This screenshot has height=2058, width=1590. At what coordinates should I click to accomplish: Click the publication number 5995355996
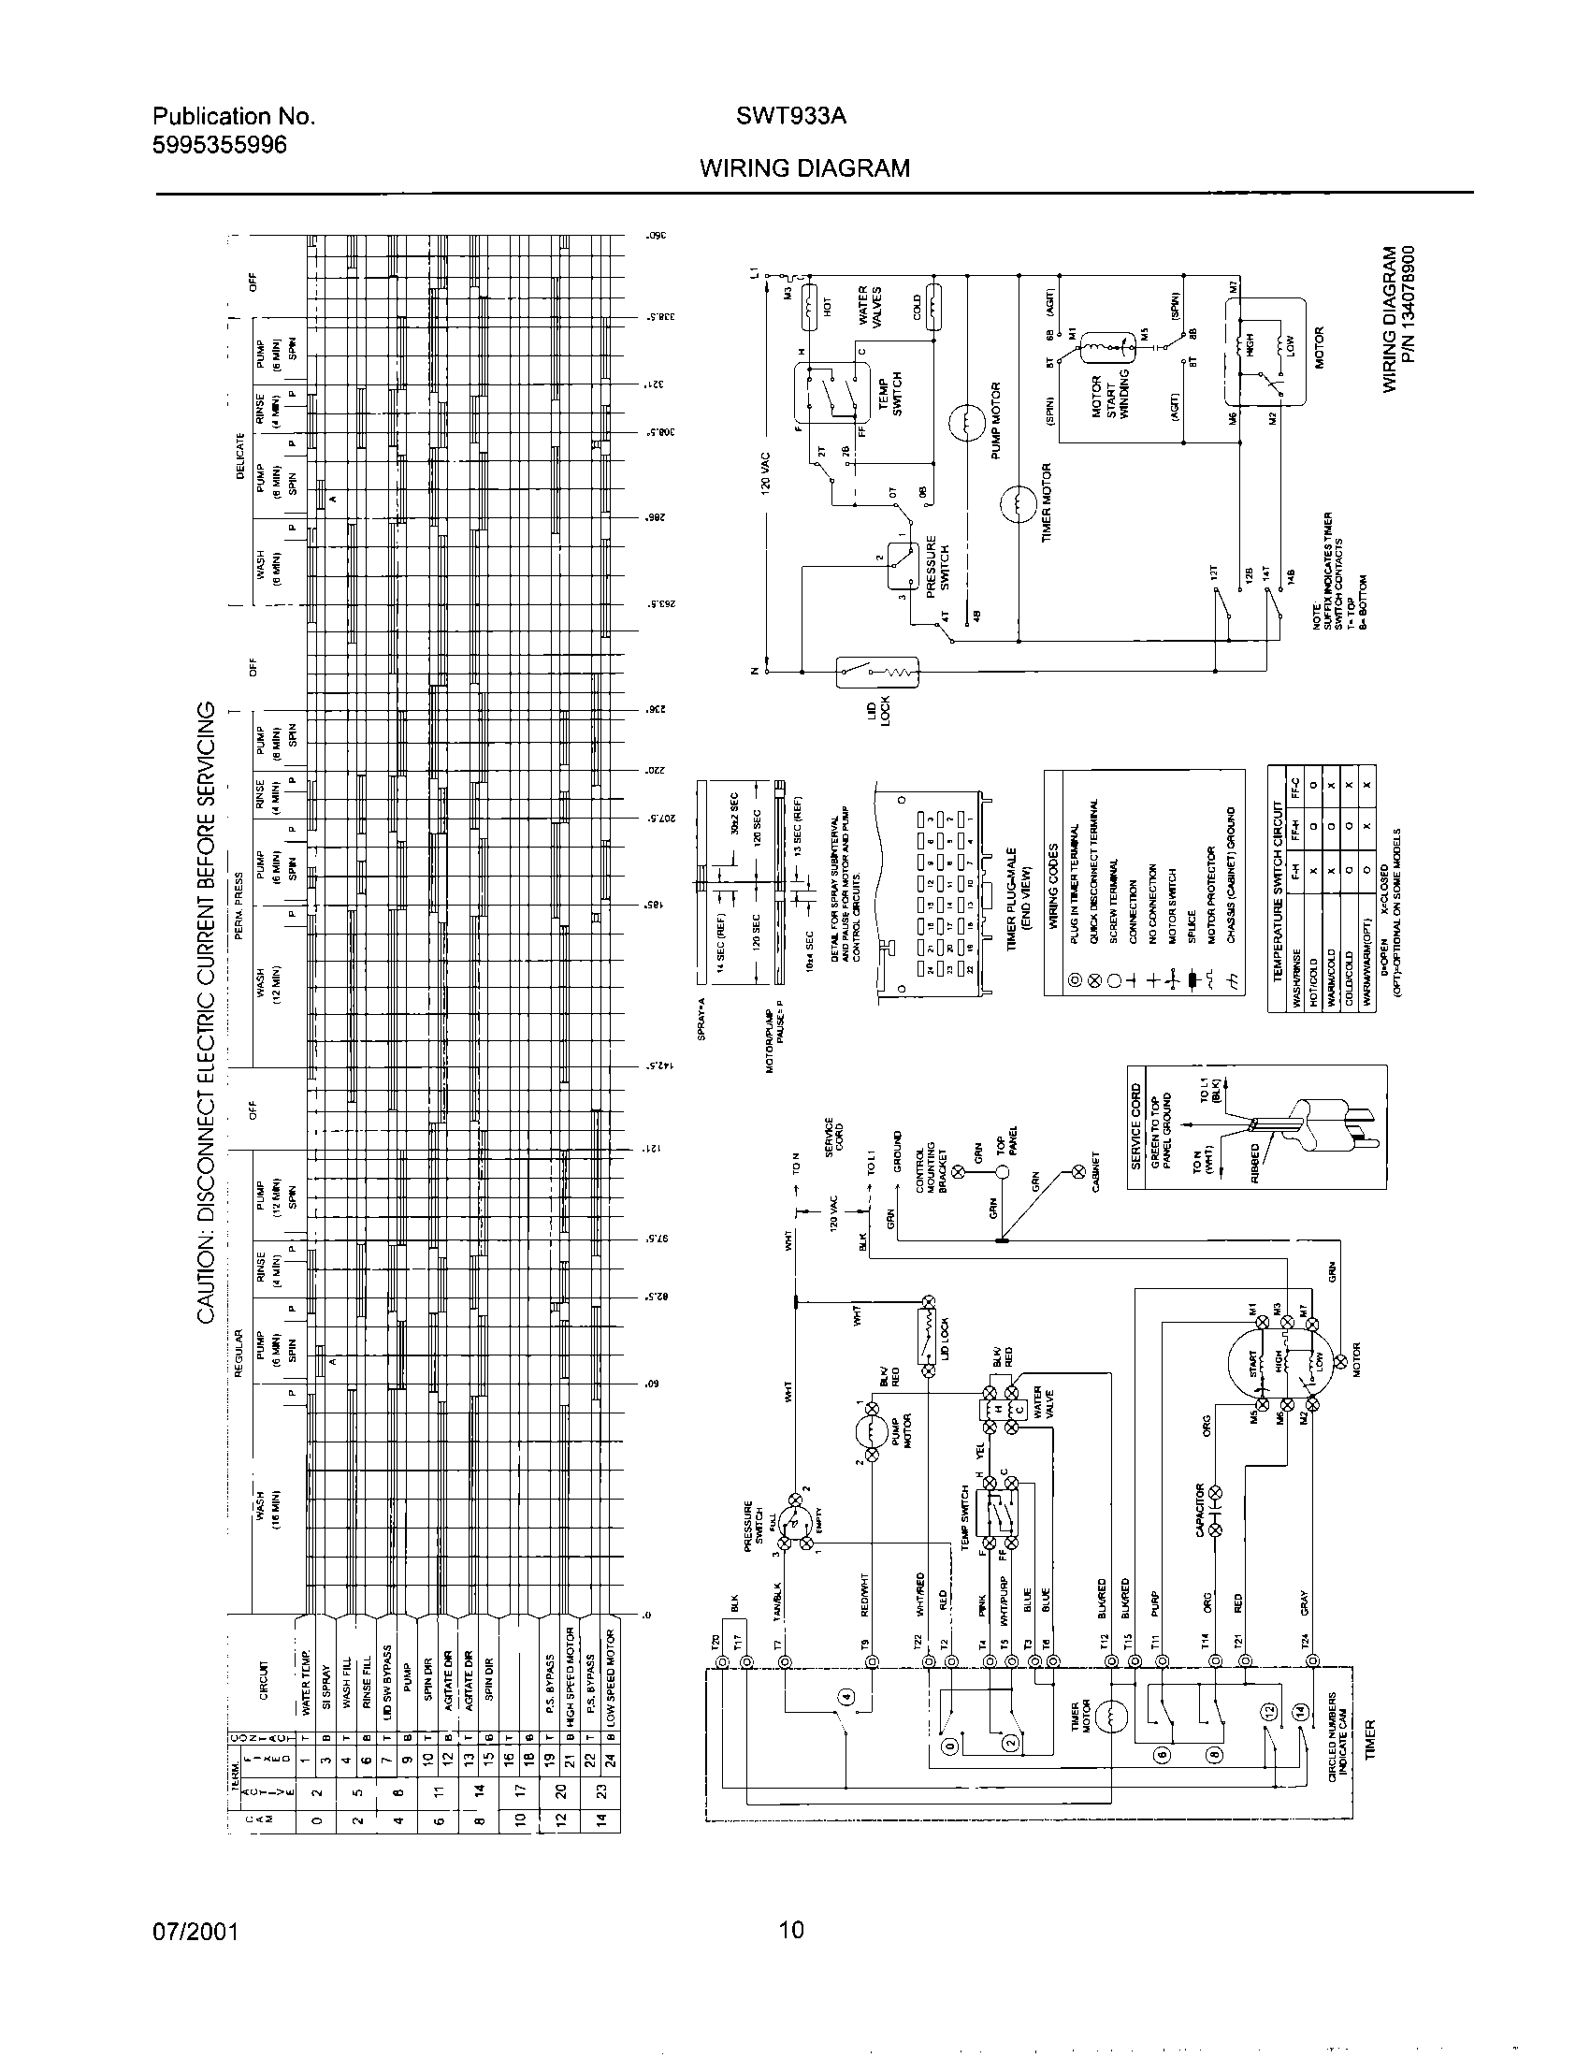click(x=220, y=145)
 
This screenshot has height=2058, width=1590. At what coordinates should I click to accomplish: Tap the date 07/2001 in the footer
click(x=195, y=1932)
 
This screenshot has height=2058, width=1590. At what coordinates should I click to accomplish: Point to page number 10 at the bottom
click(x=792, y=1931)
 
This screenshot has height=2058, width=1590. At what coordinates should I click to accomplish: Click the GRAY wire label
click(x=1305, y=1601)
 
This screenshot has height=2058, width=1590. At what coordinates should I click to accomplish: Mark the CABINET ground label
click(x=1095, y=1171)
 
